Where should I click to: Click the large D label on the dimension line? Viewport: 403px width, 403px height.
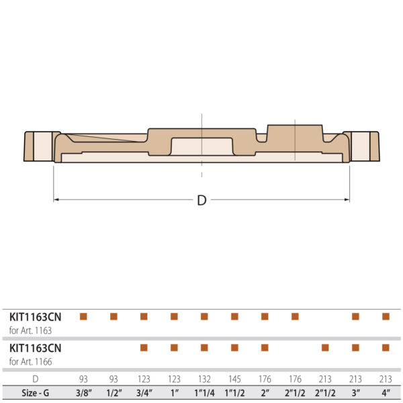click(201, 200)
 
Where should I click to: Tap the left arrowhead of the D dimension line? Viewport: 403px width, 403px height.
click(56, 199)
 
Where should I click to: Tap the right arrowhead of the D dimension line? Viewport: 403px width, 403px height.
click(347, 199)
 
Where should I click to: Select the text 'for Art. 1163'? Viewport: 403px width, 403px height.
click(30, 330)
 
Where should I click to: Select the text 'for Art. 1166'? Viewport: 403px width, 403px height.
click(30, 361)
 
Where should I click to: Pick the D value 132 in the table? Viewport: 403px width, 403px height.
click(204, 378)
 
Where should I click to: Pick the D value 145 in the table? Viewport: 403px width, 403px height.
click(234, 378)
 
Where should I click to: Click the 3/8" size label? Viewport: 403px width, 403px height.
click(83, 392)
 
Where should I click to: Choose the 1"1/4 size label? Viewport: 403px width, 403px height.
click(204, 392)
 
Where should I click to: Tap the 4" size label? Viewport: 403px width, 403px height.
click(386, 392)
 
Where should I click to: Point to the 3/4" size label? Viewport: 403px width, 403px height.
click(144, 392)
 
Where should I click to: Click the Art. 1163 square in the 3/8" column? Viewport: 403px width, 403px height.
click(83, 316)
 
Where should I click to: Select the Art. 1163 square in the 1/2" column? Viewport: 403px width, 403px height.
click(114, 316)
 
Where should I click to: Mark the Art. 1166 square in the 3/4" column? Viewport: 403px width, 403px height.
click(144, 347)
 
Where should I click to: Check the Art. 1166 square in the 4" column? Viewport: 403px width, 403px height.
click(386, 347)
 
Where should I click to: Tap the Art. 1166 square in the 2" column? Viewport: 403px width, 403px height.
click(265, 347)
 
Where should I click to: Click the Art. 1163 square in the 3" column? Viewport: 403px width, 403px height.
click(355, 316)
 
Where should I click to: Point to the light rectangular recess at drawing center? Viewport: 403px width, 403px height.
click(201, 146)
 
